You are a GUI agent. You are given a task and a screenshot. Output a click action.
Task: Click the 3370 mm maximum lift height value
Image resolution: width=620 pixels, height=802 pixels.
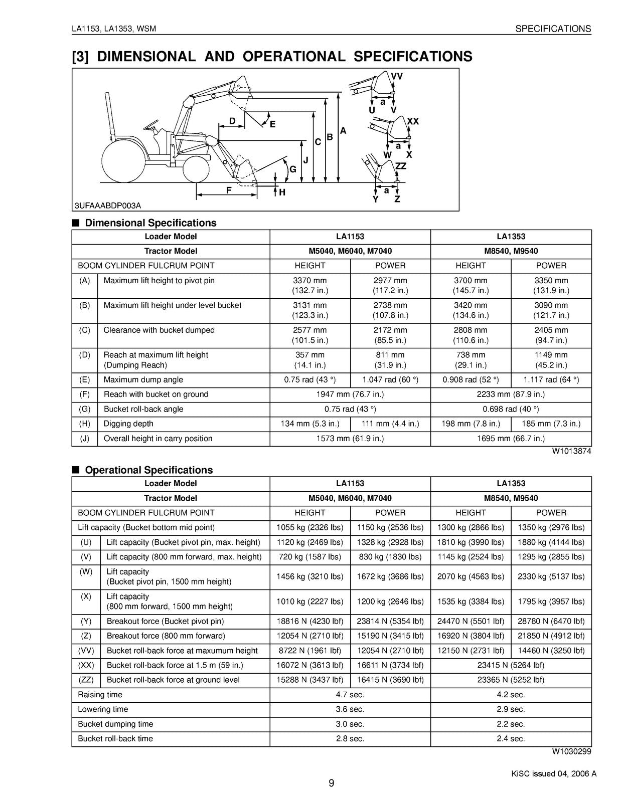309,281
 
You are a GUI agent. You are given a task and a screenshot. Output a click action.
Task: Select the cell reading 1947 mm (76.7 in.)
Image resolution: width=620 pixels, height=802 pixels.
350,394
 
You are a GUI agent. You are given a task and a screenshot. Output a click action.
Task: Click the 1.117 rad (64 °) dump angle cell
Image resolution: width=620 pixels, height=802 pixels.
551,380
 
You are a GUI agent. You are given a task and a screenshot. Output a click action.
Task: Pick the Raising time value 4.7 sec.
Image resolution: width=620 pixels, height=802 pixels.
350,695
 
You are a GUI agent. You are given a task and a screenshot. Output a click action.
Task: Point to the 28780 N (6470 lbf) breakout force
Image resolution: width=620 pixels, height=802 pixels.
551,622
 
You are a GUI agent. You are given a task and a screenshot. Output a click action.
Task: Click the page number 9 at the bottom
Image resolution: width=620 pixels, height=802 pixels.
331,783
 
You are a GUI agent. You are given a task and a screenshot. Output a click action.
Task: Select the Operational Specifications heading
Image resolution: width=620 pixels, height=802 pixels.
148,470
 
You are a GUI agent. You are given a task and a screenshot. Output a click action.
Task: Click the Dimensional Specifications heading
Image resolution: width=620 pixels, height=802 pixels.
150,223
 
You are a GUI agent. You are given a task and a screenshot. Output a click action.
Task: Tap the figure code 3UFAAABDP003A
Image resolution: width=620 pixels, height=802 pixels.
108,206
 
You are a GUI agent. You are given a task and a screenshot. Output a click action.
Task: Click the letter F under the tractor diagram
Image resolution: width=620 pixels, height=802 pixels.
229,190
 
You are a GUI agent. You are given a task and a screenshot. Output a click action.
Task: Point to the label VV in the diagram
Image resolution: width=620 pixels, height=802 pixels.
397,77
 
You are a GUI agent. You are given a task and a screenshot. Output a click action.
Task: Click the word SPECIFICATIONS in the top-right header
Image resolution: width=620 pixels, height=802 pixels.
553,29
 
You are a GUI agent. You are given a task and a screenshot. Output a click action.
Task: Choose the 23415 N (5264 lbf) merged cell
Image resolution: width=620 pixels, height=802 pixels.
511,666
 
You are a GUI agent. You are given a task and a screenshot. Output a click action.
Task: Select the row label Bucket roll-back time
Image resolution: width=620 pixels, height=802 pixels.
115,739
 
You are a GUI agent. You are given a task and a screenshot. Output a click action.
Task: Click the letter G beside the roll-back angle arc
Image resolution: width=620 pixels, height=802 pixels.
292,170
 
